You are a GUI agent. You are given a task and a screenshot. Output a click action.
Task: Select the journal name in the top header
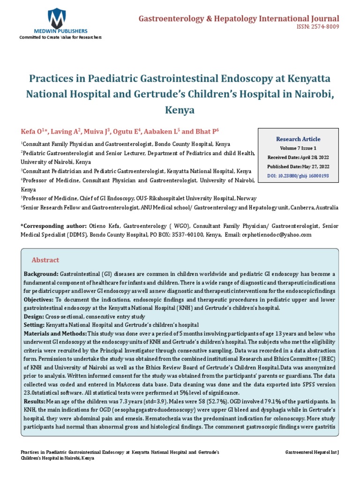[x=239, y=18]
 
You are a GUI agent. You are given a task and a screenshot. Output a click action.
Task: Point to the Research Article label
[x=298, y=139]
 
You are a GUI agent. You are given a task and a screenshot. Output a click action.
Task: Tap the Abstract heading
[x=45, y=260]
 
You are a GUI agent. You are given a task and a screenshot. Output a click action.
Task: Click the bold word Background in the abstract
[x=41, y=273]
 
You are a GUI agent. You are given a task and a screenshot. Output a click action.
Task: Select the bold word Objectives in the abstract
[x=38, y=299]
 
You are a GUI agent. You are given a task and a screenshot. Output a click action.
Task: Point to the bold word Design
[x=33, y=316]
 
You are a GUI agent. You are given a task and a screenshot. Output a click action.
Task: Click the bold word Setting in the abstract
[x=34, y=325]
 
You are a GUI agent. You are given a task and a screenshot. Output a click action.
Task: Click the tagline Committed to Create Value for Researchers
[x=60, y=37]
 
